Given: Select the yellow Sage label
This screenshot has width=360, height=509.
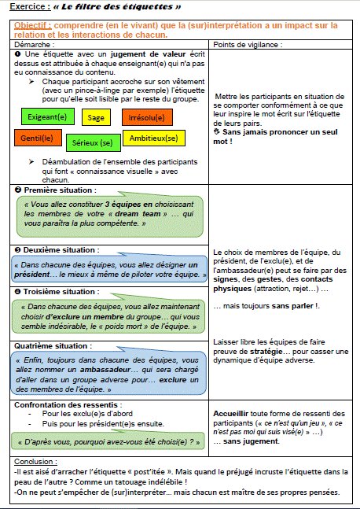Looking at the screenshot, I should click(x=97, y=117).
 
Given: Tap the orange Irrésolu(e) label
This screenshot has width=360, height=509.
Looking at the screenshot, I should click(x=145, y=118).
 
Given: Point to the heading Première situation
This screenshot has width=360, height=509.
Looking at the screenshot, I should click(x=51, y=190).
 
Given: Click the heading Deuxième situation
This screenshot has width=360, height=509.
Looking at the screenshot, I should click(x=53, y=249).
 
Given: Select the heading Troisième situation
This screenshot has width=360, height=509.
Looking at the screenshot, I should click(x=53, y=291).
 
